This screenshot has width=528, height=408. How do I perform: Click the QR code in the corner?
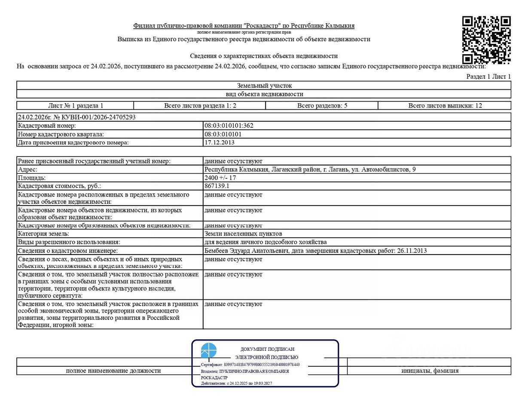point(486,40)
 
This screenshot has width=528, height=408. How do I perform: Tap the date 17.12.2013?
point(220,142)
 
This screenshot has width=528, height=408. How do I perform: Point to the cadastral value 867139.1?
point(217,186)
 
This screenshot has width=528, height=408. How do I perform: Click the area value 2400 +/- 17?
point(220,178)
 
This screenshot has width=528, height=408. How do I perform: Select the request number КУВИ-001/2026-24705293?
point(76,117)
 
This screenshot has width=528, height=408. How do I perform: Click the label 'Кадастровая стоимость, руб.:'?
point(59,186)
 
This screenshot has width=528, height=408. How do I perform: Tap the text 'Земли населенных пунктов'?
point(243,234)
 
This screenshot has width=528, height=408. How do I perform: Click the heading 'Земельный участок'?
point(264,86)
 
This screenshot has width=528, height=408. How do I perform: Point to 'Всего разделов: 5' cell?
point(322,106)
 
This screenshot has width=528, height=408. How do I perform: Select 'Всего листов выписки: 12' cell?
point(445,106)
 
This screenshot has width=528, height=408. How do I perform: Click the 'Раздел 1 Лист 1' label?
point(488,77)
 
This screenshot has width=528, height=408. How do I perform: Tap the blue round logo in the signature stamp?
point(209,350)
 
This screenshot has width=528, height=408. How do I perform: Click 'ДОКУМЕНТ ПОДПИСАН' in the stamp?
point(267,350)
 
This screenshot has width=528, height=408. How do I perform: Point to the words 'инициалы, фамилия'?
point(430,371)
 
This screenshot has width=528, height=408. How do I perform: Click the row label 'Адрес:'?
point(28,169)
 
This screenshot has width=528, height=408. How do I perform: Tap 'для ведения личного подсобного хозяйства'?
point(266,242)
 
